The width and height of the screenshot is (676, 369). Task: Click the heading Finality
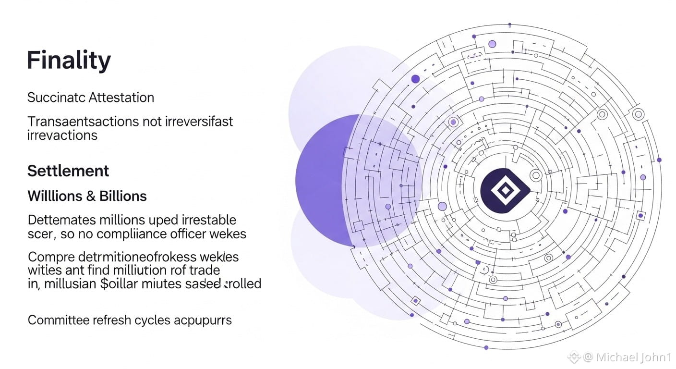click(69, 61)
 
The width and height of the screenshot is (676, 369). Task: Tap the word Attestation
click(122, 98)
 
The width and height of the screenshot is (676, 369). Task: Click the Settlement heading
click(68, 171)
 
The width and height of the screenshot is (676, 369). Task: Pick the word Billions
click(123, 196)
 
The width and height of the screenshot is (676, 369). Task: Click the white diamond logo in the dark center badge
click(505, 191)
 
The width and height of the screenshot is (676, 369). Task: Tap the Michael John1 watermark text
click(633, 357)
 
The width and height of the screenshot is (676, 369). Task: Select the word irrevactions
click(62, 135)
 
